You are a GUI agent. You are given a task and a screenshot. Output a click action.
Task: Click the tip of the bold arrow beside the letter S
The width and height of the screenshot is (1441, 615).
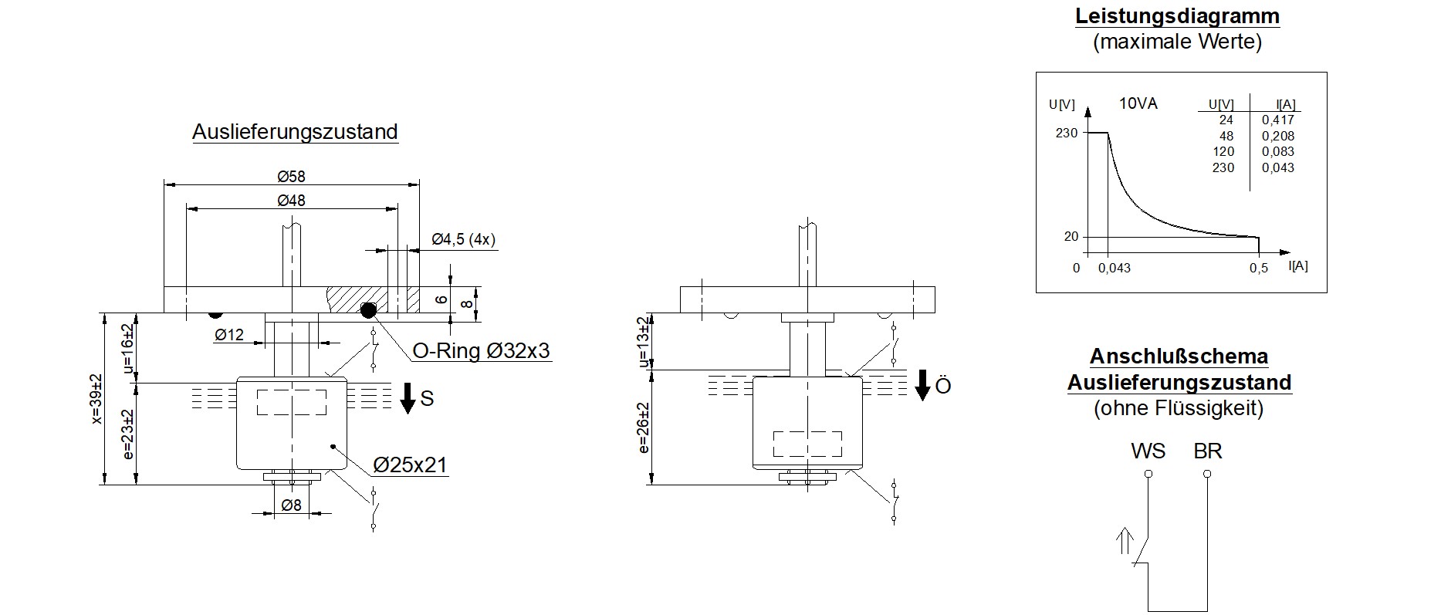coord(408,414)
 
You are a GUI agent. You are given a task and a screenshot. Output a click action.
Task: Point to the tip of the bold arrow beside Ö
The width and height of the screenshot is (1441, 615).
coord(922,400)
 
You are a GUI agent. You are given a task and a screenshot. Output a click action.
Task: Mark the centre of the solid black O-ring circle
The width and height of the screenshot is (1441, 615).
coord(368,310)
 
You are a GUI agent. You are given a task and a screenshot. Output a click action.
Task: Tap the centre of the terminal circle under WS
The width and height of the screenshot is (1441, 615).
coord(1148,474)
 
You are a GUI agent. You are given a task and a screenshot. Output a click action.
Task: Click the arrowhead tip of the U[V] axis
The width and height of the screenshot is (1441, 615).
coord(1088,106)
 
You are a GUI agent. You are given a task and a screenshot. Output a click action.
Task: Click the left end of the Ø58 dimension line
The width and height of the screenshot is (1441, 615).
coord(164,184)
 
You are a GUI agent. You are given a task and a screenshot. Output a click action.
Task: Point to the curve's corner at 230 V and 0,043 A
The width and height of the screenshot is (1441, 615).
coord(1108,133)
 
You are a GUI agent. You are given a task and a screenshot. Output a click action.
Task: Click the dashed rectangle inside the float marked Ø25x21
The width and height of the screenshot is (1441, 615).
coord(291,402)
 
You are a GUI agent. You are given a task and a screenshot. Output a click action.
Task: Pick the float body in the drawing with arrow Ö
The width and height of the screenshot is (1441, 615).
coord(807,423)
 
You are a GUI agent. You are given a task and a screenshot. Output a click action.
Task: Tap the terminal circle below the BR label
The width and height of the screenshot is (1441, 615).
coord(1207,474)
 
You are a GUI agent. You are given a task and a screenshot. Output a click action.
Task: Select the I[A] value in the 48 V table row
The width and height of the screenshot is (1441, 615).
coord(1277,136)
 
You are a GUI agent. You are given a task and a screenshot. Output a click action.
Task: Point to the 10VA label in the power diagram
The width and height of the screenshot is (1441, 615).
coord(1138,103)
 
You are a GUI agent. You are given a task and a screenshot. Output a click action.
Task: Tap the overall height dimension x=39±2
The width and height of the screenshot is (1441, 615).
coord(96,398)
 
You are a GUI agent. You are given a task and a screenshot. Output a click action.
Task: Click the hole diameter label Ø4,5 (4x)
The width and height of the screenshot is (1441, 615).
coord(463,239)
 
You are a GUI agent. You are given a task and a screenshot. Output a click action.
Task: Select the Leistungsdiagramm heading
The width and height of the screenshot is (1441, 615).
coord(1177,16)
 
